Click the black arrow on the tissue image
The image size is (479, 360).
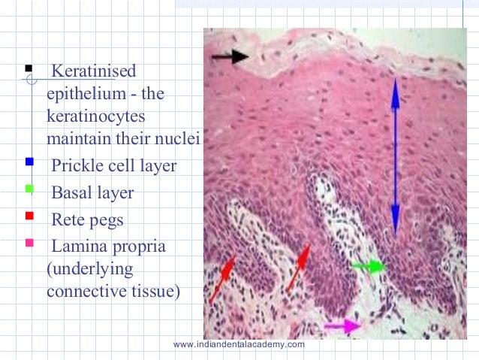coord(230,56)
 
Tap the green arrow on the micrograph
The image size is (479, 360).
coord(368,266)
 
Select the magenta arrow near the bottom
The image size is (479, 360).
coord(342,325)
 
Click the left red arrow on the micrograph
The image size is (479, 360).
coord(222,279)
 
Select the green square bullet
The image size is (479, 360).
coord(29,189)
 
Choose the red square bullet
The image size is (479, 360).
coord(29,216)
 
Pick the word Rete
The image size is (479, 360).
coord(68,220)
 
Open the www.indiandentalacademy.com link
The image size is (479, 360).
coord(239,344)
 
